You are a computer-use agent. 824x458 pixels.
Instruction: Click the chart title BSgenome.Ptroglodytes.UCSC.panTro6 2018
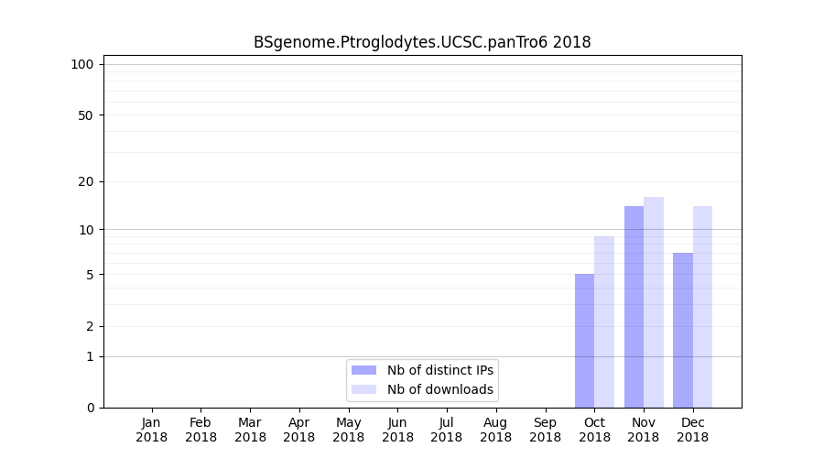(x=422, y=42)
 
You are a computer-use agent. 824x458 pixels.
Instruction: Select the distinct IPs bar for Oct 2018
(x=584, y=341)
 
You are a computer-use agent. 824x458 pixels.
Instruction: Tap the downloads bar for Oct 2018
(x=604, y=322)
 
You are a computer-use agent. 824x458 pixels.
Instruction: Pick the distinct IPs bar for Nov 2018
(x=634, y=307)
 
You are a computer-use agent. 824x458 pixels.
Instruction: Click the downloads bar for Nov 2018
(x=654, y=302)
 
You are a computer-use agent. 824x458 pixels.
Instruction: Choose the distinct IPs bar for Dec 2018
(x=683, y=330)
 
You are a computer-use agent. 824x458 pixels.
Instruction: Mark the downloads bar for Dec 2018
(x=702, y=307)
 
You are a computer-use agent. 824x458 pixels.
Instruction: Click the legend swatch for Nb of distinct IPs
(x=363, y=370)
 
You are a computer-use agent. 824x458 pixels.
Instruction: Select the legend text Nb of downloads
(x=440, y=389)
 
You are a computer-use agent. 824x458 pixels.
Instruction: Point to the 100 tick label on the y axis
(x=82, y=64)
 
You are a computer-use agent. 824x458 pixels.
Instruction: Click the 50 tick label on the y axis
(x=86, y=115)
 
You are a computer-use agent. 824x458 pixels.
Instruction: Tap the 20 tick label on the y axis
(x=86, y=181)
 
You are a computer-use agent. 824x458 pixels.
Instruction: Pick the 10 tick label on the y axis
(x=86, y=229)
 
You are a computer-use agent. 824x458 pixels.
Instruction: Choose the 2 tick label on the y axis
(x=90, y=326)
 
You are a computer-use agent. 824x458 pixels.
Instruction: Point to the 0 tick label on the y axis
(x=90, y=408)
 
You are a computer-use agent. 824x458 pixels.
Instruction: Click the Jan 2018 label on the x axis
(x=152, y=430)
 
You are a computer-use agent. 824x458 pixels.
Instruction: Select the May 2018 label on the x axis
(x=349, y=430)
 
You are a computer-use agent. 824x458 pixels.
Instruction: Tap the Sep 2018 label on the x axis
(x=545, y=430)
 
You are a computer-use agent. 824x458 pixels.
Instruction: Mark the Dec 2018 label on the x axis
(x=693, y=430)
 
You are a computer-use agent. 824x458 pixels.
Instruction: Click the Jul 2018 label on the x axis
(x=447, y=430)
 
